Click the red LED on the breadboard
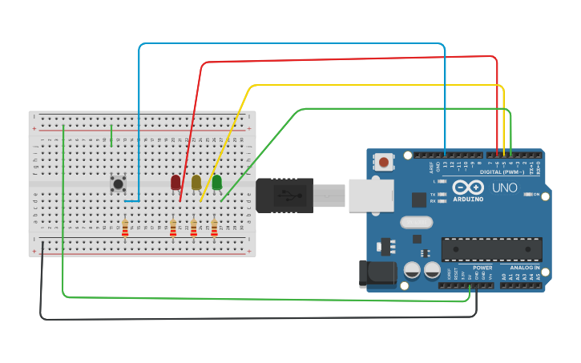tap(176, 183)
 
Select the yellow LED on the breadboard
tap(196, 183)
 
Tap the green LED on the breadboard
tap(217, 183)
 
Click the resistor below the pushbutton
tap(124, 228)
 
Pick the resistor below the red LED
tap(173, 229)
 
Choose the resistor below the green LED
tap(214, 229)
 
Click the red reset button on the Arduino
tap(384, 163)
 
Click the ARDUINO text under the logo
tap(468, 199)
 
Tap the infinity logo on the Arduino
tap(468, 188)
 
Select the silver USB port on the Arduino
tap(371, 195)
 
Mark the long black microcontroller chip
tap(491, 249)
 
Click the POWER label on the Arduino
tap(482, 268)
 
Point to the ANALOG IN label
tap(526, 268)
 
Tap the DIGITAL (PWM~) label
tap(502, 171)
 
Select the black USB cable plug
tap(284, 195)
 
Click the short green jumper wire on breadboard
tap(111, 137)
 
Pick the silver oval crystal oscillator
tap(416, 222)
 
